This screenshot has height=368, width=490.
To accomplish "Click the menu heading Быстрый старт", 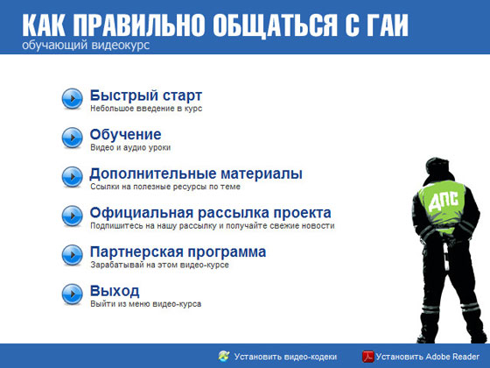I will pyautogui.click(x=146, y=95).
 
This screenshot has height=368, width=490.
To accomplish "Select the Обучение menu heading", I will pyautogui.click(x=125, y=134).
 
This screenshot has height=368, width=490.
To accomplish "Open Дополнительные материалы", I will pyautogui.click(x=196, y=173).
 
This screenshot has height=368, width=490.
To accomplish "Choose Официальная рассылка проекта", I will pyautogui.click(x=210, y=213).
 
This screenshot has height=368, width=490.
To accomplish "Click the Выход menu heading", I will pyautogui.click(x=115, y=291).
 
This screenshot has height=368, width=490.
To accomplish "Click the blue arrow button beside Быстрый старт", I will pyautogui.click(x=72, y=97).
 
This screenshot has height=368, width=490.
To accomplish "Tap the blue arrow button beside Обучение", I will pyautogui.click(x=72, y=138).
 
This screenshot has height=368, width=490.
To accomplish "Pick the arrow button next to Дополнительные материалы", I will pyautogui.click(x=72, y=176).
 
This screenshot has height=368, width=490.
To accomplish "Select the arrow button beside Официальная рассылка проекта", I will pyautogui.click(x=72, y=216).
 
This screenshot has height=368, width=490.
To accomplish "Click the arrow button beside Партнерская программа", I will pyautogui.click(x=72, y=255).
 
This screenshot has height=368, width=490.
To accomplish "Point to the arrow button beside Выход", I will pyautogui.click(x=72, y=294).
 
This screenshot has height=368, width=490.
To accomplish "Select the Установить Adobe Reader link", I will pyautogui.click(x=430, y=357).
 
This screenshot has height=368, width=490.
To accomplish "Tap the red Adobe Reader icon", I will pyautogui.click(x=369, y=357).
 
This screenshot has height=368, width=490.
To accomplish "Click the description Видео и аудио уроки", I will pyautogui.click(x=130, y=148).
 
